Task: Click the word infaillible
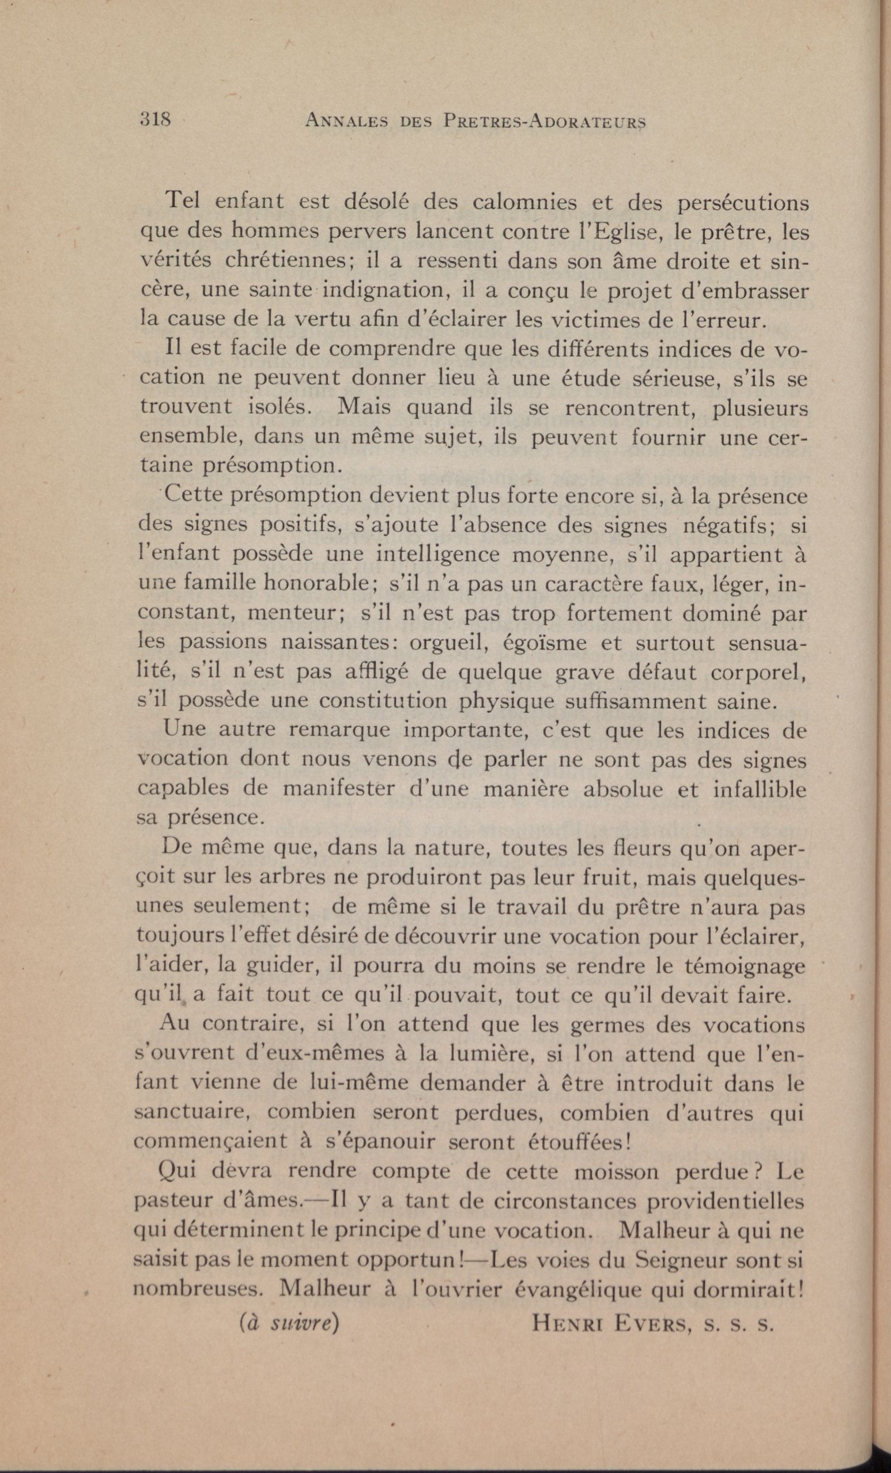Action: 760,789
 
